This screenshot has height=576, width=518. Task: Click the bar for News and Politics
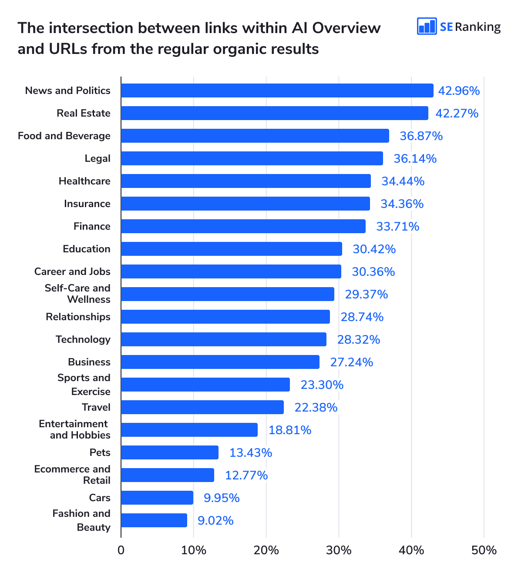pos(277,90)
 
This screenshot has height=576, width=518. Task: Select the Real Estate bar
pos(274,113)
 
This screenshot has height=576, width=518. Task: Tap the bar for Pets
pos(170,452)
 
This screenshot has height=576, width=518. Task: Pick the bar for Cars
pos(157,498)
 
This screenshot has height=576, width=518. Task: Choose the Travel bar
pos(202,407)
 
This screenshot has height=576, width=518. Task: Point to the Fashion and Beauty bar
pos(154,520)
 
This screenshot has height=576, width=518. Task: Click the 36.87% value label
pos(421,136)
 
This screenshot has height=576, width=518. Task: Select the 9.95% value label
pos(222,498)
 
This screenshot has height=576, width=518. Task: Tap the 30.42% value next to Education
pos(374,249)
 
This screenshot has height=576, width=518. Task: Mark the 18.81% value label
pos(290,430)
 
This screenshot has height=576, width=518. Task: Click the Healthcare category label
pos(84,181)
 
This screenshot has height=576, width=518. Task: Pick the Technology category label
pos(83,339)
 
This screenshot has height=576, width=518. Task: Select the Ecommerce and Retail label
pos(72,475)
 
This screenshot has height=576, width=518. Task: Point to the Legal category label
pos(98,158)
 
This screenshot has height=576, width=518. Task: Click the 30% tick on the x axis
pos(339,550)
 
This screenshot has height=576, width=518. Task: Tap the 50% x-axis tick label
pos(484,550)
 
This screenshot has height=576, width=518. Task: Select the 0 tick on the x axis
pos(121,550)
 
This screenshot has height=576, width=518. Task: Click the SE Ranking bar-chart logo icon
pos(427,27)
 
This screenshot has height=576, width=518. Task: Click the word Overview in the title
pos(346,28)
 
